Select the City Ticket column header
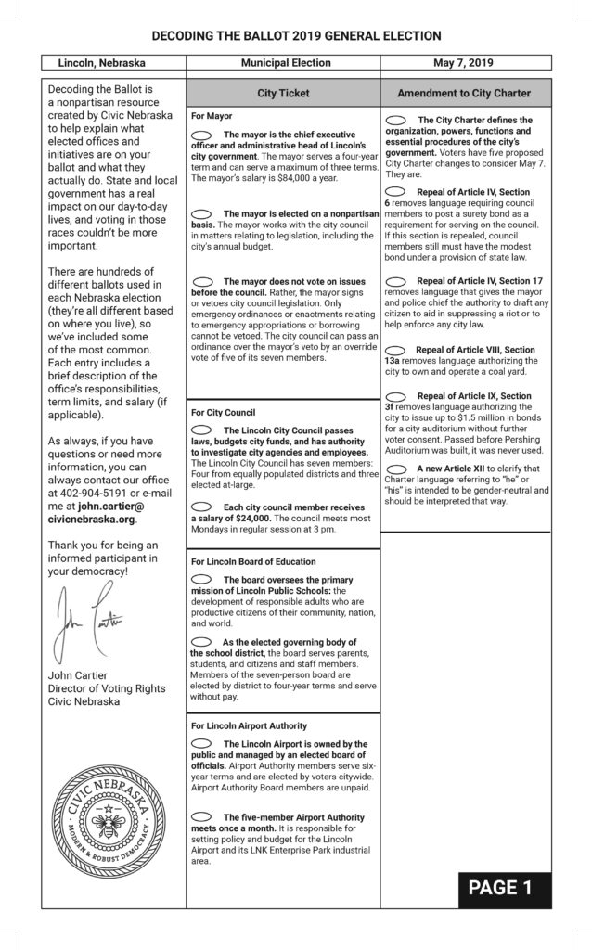[283, 94]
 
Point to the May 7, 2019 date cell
[466, 63]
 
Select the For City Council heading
[223, 412]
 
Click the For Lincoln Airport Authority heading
[249, 725]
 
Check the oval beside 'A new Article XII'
[395, 469]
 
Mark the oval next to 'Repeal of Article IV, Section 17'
[395, 279]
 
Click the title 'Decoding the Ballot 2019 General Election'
[296, 36]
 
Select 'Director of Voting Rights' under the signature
[107, 687]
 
